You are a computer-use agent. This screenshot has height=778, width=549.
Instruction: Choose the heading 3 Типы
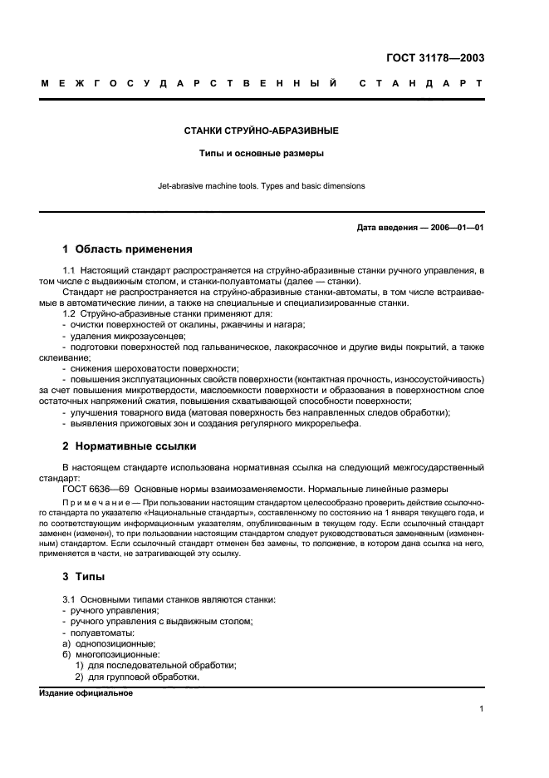(83, 578)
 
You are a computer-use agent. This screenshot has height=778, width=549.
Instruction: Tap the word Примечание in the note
(100, 504)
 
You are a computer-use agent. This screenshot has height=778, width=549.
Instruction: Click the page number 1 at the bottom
(481, 709)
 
